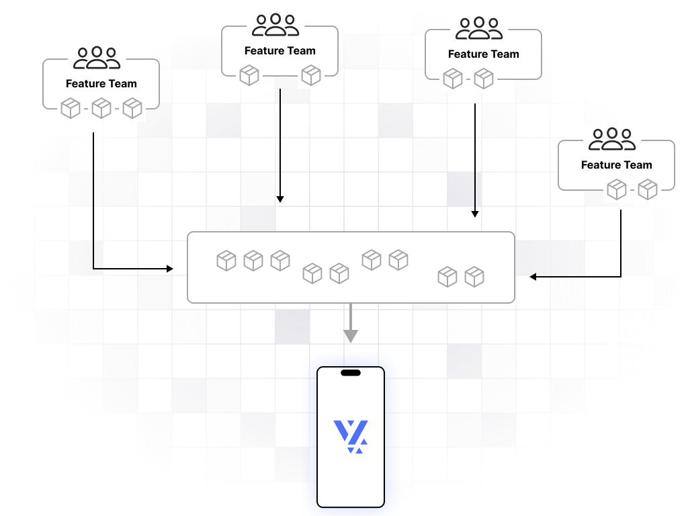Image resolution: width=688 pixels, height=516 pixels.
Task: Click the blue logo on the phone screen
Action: [351, 435]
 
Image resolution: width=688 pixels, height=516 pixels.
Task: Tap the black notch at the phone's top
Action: [351, 373]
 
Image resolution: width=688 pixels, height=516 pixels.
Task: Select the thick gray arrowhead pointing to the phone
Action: [351, 335]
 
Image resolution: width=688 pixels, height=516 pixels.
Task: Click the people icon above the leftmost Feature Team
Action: [97, 58]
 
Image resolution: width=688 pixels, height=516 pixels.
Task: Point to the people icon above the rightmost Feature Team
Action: [612, 140]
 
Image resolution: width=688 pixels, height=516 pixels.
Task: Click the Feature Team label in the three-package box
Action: [101, 84]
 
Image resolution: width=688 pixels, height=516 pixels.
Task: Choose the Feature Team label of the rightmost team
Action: [617, 165]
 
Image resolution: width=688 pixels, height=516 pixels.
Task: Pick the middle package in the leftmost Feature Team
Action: [101, 107]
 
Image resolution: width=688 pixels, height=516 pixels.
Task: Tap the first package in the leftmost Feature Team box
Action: [71, 107]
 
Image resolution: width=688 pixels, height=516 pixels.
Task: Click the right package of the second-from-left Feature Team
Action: [311, 75]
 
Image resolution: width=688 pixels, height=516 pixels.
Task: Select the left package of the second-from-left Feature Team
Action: [249, 75]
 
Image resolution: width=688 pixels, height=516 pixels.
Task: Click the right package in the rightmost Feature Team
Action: [648, 189]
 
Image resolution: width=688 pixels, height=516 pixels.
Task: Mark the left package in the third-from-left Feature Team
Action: [453, 79]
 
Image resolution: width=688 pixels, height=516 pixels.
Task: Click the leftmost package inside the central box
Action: [226, 261]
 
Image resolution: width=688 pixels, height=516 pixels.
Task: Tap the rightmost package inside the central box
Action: [475, 276]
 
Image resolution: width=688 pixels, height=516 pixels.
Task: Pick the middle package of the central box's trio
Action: [253, 261]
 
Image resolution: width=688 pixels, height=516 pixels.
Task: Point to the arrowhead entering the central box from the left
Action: [169, 269]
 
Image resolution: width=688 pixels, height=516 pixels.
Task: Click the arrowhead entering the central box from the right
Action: [533, 276]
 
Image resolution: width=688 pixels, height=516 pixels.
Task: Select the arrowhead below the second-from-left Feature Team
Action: [280, 199]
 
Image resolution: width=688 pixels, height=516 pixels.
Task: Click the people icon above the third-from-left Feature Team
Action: [479, 29]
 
